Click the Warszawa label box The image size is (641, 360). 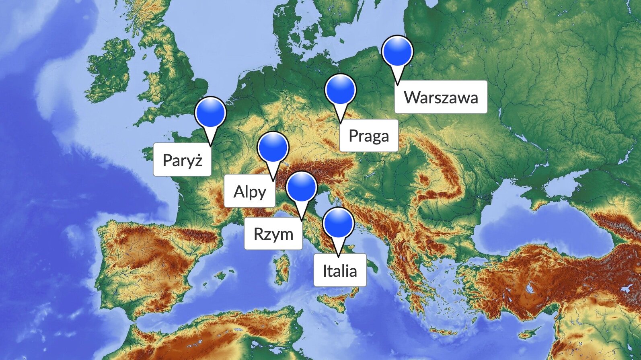coord(441,97)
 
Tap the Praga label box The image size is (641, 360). coord(369,136)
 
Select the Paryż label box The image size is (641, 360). coord(182,160)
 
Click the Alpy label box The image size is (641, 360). coord(250,191)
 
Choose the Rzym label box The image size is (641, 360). coord(273,233)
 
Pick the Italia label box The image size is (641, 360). coord(340,270)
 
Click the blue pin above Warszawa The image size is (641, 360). coord(397,51)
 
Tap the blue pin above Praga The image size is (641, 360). coord(341,90)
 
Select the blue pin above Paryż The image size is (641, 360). coord(210,112)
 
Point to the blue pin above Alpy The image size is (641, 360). coord(273,147)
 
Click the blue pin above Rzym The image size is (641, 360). coord(302,187)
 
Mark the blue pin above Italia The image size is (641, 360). coord(338,223)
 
